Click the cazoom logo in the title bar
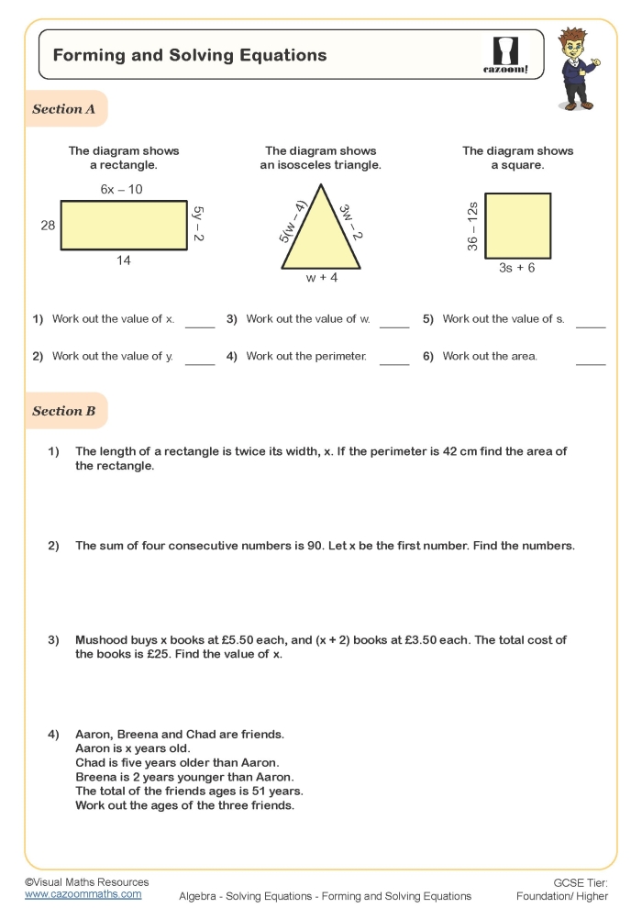pyautogui.click(x=505, y=55)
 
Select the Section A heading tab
pyautogui.click(x=64, y=109)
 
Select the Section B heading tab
pyautogui.click(x=64, y=411)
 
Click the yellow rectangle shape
pyautogui.click(x=123, y=226)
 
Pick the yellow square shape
pyautogui.click(x=518, y=226)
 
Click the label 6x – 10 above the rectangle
pyautogui.click(x=121, y=190)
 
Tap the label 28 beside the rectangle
pyautogui.click(x=48, y=226)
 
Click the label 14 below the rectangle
pyautogui.click(x=123, y=260)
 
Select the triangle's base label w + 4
pyautogui.click(x=321, y=277)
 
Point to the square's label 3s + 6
pyautogui.click(x=517, y=268)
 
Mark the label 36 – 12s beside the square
pyautogui.click(x=472, y=226)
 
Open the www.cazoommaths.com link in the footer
pyautogui.click(x=83, y=893)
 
